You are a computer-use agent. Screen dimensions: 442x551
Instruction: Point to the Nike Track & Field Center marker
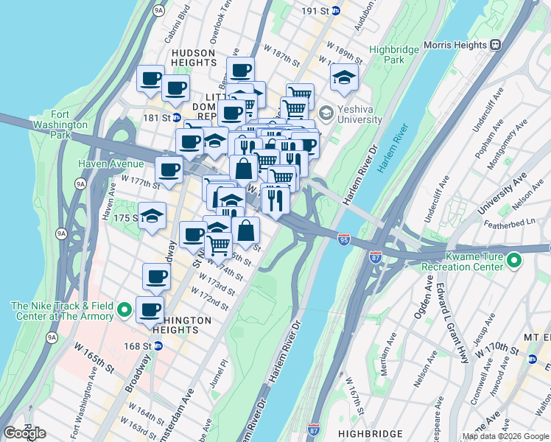(124, 310)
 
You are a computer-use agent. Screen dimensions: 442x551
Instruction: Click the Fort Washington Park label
(71, 124)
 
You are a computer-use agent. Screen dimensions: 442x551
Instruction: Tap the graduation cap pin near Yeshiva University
(344, 77)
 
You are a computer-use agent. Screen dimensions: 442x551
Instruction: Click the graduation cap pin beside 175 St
(152, 215)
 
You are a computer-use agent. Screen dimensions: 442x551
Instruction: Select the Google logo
(24, 432)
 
